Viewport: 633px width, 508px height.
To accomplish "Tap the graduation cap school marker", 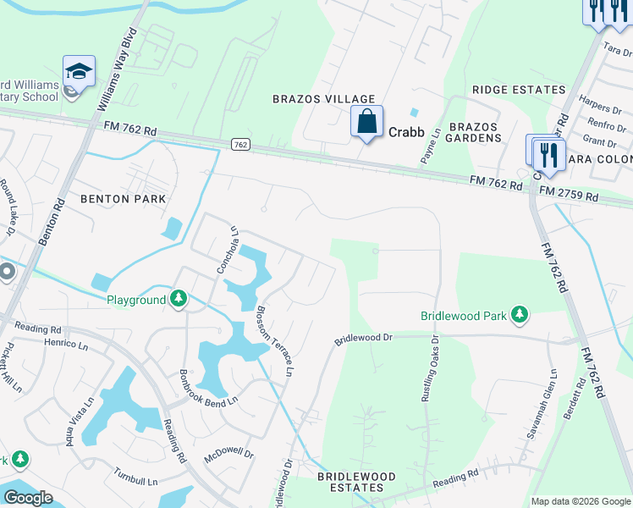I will [x=79, y=72].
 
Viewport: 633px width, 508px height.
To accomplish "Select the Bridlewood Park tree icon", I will [x=520, y=316].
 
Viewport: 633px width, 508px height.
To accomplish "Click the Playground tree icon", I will [x=179, y=299].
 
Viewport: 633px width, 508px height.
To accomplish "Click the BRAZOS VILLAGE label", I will [x=311, y=99].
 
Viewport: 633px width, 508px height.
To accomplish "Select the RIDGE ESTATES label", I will [x=519, y=90].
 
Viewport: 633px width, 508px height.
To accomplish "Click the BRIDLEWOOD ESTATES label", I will [x=356, y=483].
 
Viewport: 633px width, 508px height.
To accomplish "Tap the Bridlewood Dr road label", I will [x=364, y=338].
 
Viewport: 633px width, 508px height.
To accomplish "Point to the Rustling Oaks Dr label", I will [x=436, y=368].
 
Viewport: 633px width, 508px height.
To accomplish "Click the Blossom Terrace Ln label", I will [x=275, y=341].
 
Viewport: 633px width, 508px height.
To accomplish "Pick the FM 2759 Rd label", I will [x=569, y=196].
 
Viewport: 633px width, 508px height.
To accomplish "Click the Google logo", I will [x=28, y=498].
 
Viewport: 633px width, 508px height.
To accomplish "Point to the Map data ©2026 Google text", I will [x=580, y=501].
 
